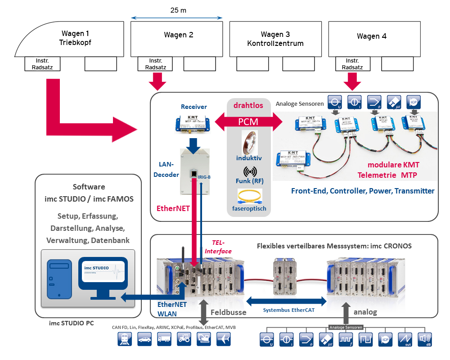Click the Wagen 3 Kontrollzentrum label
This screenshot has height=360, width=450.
pyautogui.click(x=275, y=39)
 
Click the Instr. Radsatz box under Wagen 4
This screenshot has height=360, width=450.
pyautogui.click(x=352, y=64)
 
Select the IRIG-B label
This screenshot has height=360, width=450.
pyautogui.click(x=204, y=177)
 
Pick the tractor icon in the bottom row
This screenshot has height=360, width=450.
pyautogui.click(x=184, y=339)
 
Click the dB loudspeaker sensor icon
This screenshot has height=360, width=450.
pyautogui.click(x=425, y=339)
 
